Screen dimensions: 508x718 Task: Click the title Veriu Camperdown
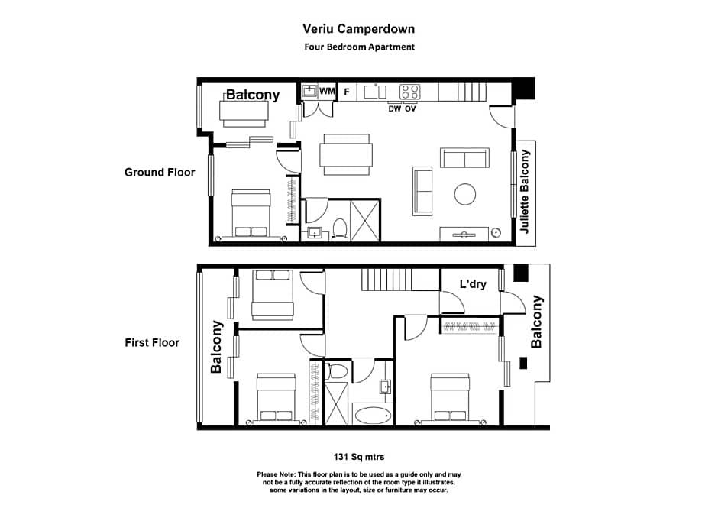click(359, 30)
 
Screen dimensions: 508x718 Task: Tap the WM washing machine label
click(327, 92)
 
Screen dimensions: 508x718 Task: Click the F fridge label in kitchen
click(347, 92)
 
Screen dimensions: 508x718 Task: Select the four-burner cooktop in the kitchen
click(410, 92)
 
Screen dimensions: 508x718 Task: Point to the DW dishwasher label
click(394, 108)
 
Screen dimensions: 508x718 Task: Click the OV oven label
click(410, 108)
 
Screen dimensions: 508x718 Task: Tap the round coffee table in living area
click(466, 193)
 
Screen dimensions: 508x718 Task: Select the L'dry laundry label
click(473, 285)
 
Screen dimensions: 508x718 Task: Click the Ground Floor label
click(160, 173)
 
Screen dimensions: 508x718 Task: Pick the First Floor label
click(152, 343)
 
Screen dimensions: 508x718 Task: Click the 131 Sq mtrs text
click(359, 457)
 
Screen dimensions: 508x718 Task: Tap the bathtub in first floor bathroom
click(372, 416)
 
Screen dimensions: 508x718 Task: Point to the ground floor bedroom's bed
click(251, 214)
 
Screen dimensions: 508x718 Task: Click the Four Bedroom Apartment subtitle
click(359, 47)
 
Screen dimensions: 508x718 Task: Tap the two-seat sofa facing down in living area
click(464, 158)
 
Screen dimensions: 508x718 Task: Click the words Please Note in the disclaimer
click(278, 474)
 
